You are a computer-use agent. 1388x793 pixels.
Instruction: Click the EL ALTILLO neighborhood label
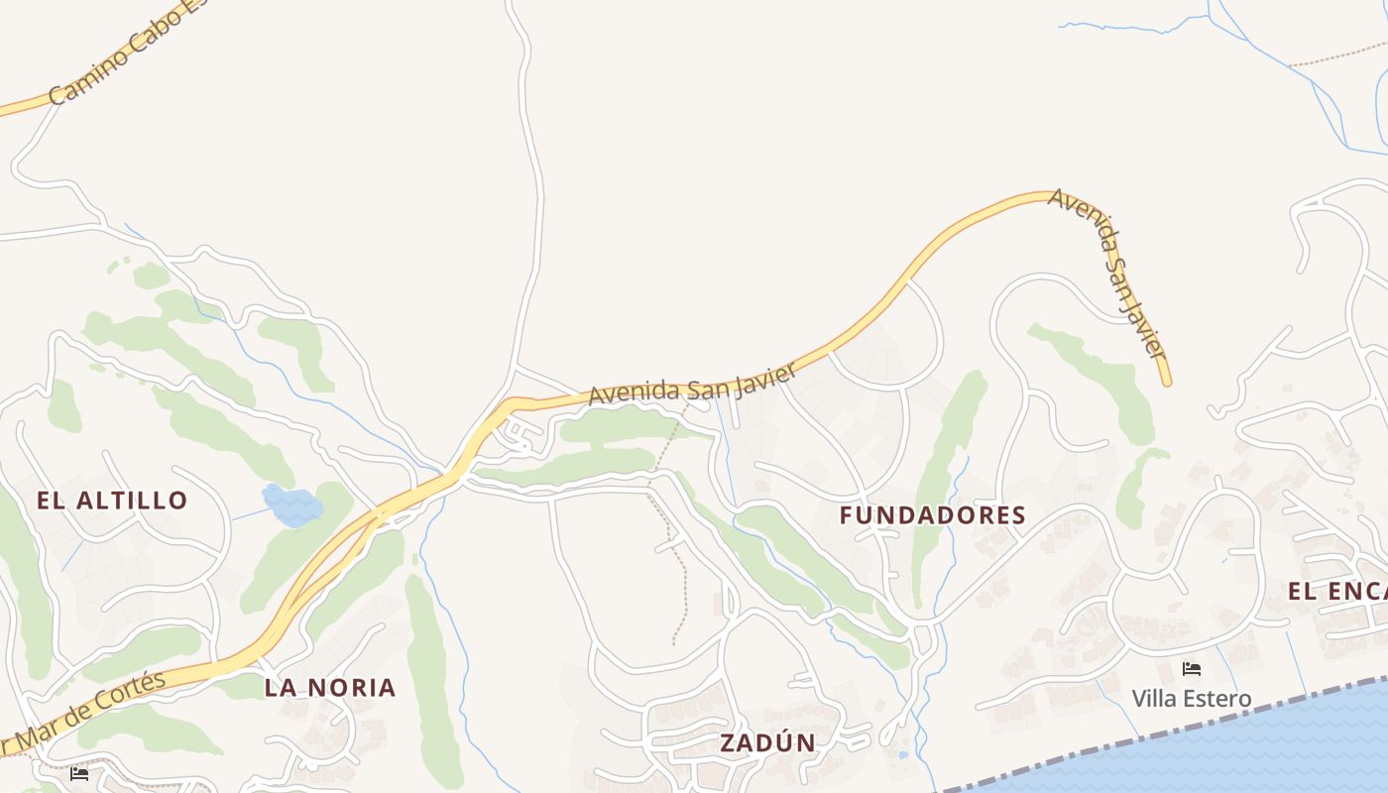(x=112, y=500)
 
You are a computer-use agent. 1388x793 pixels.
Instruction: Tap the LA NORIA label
(x=330, y=687)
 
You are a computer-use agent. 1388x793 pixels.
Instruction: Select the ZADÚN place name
(x=768, y=742)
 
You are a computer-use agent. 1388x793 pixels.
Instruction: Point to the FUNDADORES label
(x=932, y=515)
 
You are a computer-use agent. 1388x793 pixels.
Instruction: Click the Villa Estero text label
(x=1192, y=699)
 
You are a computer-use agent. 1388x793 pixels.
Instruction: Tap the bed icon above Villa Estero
(x=1192, y=669)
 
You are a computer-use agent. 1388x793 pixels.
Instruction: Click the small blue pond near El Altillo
(x=291, y=505)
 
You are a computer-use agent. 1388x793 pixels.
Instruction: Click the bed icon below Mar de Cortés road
(x=80, y=773)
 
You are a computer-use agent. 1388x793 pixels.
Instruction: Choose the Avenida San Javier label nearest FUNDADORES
(x=693, y=385)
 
